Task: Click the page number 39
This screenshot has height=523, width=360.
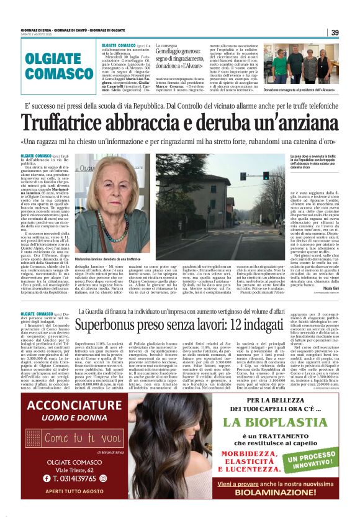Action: point(335,32)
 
